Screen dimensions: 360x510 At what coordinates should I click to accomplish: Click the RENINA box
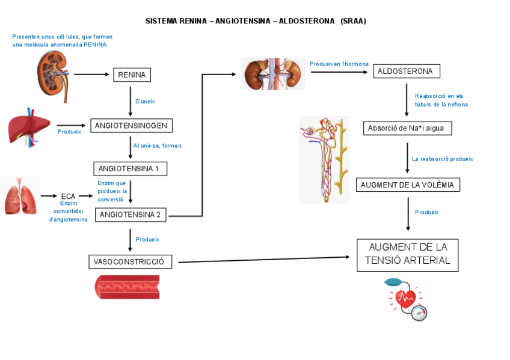point(132,75)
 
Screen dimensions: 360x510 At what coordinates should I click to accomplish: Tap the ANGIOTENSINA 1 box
point(130,169)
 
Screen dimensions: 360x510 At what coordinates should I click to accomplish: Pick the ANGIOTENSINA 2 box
point(131,215)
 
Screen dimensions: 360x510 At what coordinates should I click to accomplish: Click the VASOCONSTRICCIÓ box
point(130,262)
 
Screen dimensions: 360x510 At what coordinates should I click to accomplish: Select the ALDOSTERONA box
point(406,72)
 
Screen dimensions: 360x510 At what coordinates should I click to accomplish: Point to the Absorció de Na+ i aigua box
point(407,128)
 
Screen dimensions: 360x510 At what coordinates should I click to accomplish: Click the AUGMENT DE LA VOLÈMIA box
point(408,185)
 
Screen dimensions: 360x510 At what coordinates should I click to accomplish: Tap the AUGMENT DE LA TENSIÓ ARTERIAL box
point(407,255)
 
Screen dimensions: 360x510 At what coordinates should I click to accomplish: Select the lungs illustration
point(20,196)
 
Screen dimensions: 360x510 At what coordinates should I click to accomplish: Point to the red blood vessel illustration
point(127,287)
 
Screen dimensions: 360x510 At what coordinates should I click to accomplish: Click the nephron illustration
point(325,159)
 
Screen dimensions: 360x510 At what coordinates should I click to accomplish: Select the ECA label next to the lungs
point(68,196)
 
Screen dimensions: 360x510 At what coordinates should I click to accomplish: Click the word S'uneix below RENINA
point(145,102)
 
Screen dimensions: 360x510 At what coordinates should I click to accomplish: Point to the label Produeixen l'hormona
point(339,64)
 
